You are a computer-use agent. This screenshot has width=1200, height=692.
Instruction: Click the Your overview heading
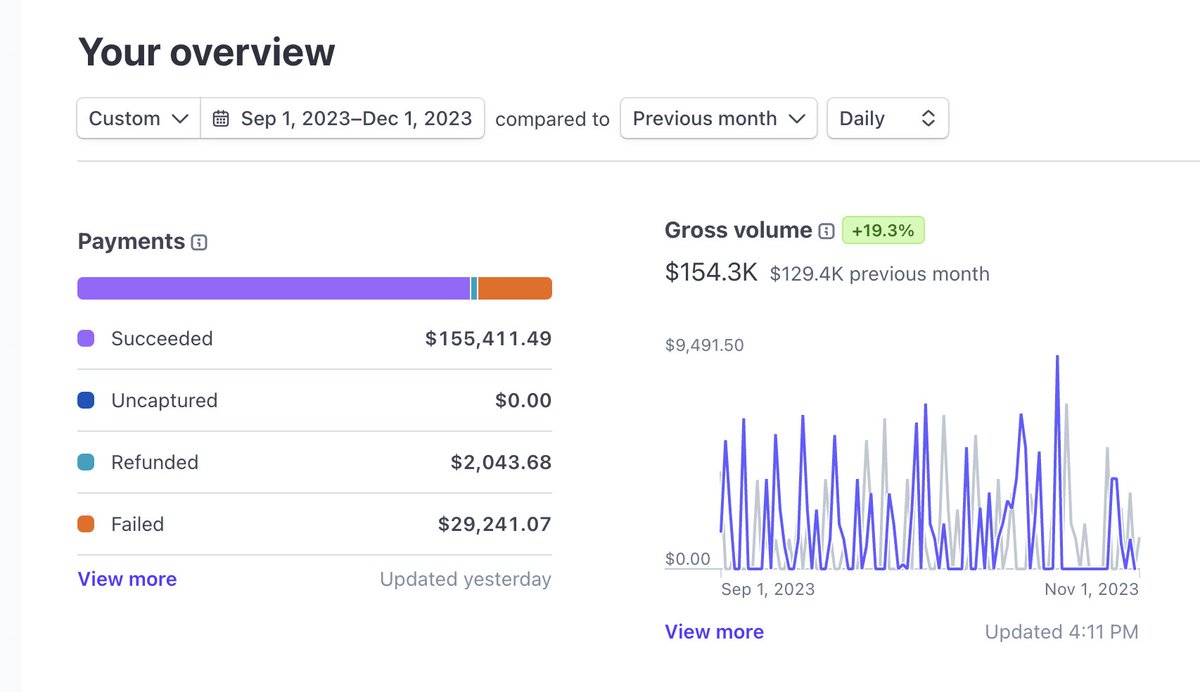point(206,52)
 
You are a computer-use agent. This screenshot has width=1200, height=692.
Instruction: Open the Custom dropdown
point(138,118)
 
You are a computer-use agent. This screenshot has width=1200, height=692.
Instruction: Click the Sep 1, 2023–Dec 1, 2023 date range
point(343,118)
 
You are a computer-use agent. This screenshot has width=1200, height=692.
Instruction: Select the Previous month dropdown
point(718,118)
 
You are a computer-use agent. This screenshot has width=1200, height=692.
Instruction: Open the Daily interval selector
point(887,118)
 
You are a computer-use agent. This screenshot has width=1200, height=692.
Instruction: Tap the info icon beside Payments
point(199,242)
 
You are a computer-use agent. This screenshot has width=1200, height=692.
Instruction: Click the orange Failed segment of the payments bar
point(515,288)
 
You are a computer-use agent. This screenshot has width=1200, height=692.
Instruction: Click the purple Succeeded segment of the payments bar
point(273,288)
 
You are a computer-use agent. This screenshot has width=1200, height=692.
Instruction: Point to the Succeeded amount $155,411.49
point(488,339)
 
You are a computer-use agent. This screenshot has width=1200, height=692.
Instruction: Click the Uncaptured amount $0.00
point(523,401)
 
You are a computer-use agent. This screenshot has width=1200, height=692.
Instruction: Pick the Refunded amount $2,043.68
point(501,463)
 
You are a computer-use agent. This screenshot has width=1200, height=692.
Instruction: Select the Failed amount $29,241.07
point(494,524)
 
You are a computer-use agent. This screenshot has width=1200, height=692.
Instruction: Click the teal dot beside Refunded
point(86,463)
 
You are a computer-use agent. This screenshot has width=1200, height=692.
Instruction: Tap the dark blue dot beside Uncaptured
point(86,401)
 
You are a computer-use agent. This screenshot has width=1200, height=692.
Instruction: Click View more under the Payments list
point(127,579)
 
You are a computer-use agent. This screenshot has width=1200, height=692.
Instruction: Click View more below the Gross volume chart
point(714,632)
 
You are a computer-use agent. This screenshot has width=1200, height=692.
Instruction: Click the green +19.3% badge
point(883,230)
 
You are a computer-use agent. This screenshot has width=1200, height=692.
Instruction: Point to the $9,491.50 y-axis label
point(704,345)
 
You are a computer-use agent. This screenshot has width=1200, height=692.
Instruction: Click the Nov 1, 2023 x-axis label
point(1091,589)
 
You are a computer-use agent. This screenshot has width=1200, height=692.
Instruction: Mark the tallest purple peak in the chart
point(1057,357)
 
